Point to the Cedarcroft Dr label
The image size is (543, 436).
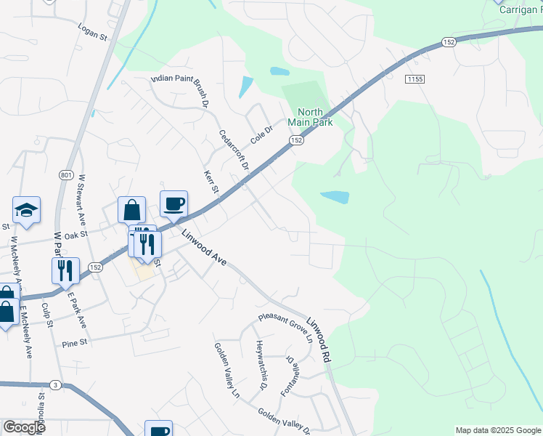click(234, 150)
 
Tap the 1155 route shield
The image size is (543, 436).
click(415, 78)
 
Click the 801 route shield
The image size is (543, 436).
click(66, 174)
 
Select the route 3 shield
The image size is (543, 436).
click(54, 384)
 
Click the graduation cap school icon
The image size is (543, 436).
click(27, 210)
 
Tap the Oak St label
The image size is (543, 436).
click(75, 235)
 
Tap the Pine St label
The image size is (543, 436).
click(74, 342)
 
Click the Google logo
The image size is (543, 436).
click(24, 427)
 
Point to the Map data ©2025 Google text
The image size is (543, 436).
click(497, 430)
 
